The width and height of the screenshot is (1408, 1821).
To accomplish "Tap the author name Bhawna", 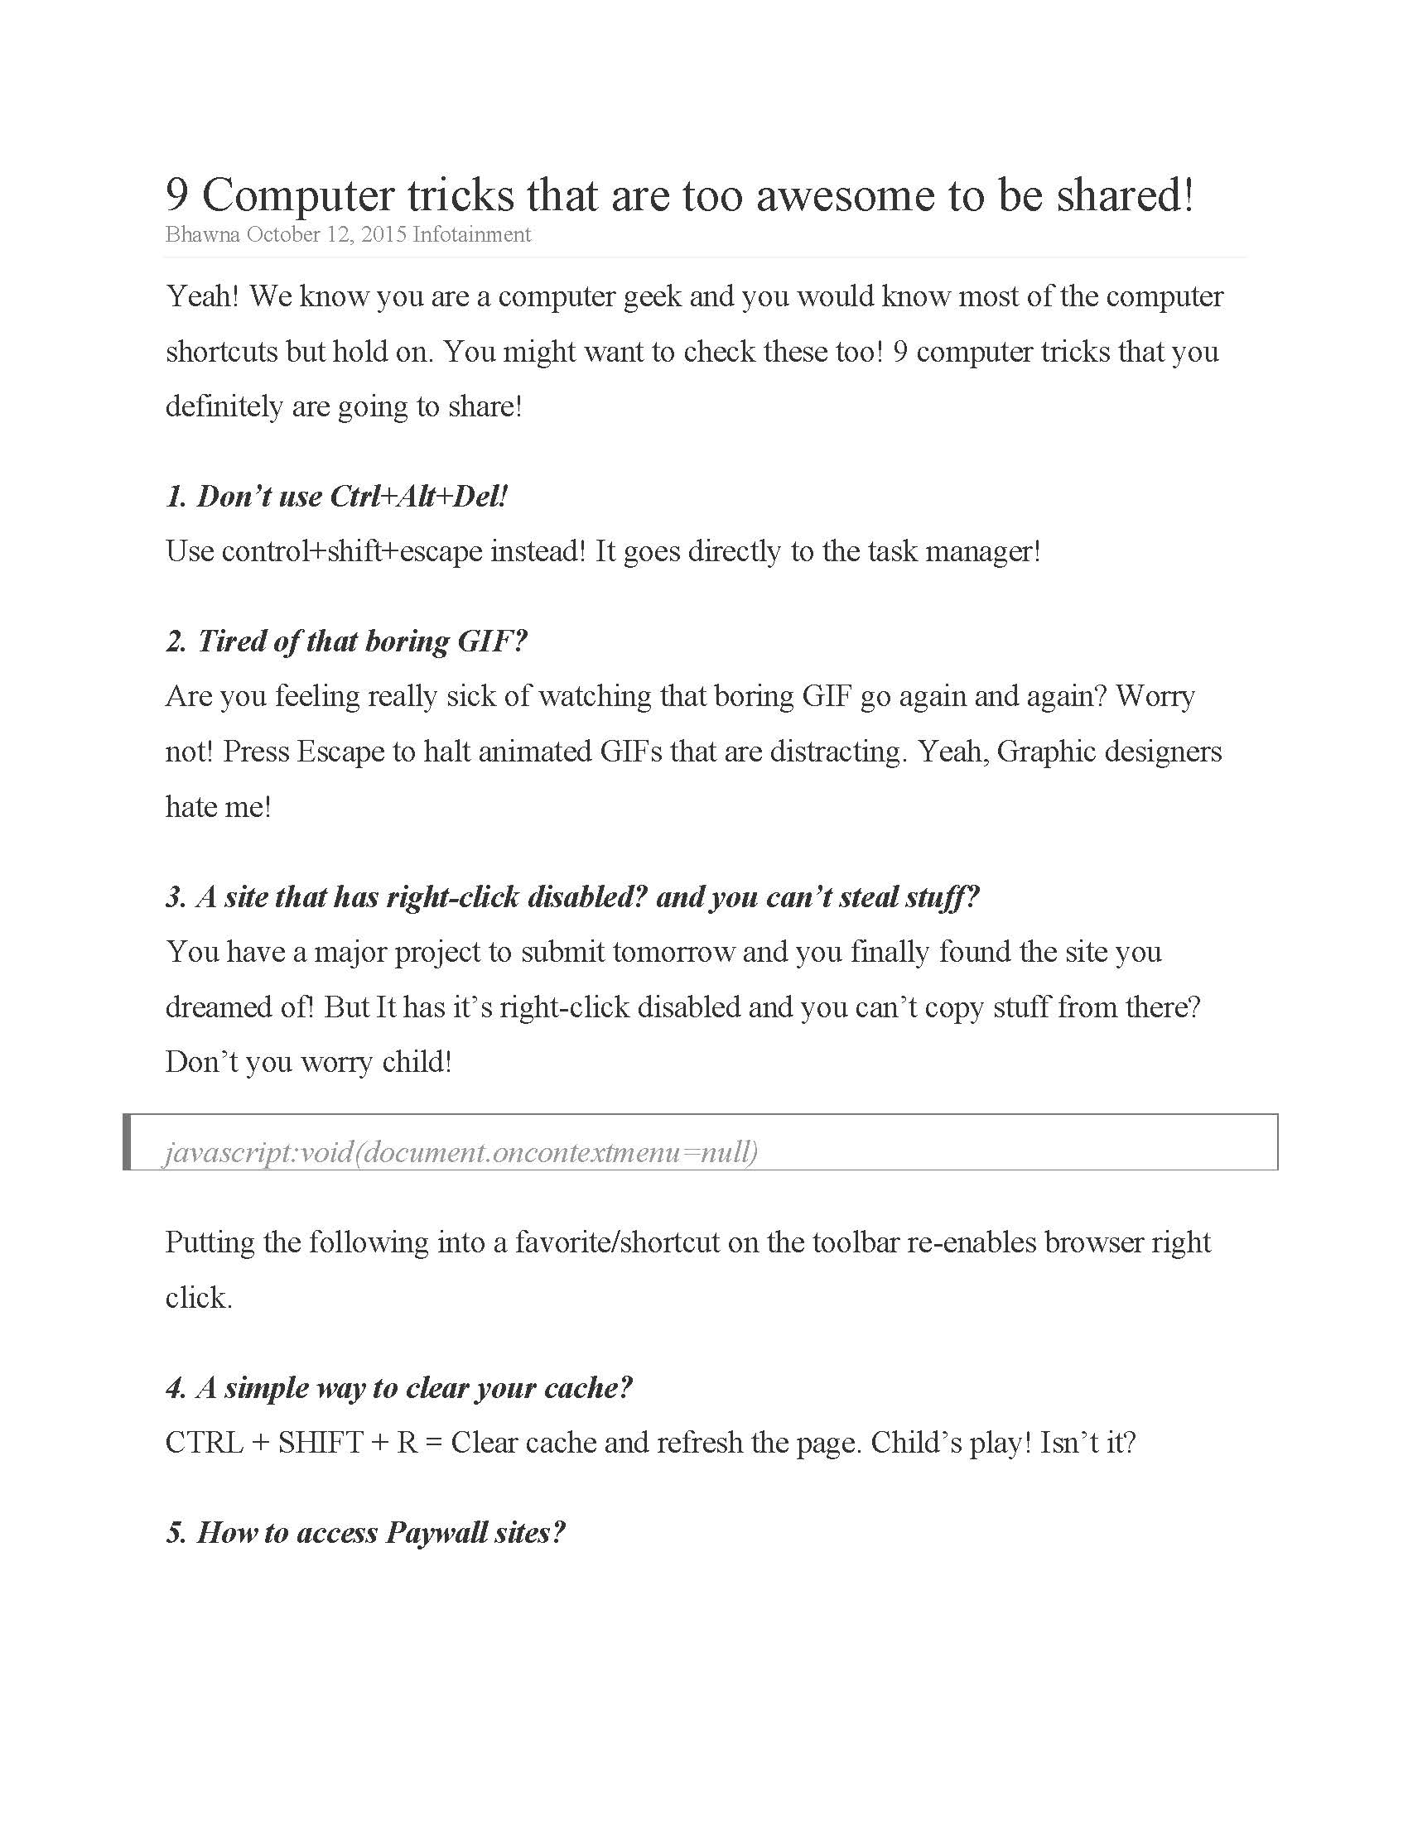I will pos(203,234).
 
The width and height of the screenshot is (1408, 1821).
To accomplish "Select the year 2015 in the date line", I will pos(383,234).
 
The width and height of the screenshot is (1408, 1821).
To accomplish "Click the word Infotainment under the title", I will pos(471,234).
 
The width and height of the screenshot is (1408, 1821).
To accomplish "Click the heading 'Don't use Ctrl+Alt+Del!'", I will pos(336,497).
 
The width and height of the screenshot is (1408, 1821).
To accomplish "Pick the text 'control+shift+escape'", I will pos(352,551).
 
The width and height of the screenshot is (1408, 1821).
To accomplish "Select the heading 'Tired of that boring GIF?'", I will pos(346,641).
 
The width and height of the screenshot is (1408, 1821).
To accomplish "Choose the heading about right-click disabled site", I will pos(572,897).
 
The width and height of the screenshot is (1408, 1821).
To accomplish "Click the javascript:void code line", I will pos(461,1152).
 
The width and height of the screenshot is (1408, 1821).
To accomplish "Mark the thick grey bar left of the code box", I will pos(127,1141).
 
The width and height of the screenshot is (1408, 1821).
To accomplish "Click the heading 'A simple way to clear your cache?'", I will pos(398,1388).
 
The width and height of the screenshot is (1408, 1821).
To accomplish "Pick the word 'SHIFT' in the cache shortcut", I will pos(321,1444).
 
